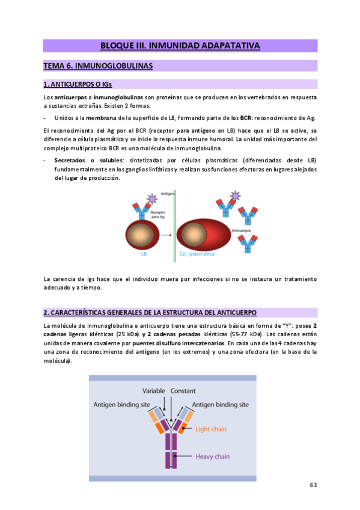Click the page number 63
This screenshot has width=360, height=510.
click(x=313, y=485)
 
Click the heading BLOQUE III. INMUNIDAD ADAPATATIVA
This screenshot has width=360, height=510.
click(x=180, y=46)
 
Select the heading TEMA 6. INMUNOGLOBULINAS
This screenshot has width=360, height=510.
click(x=98, y=66)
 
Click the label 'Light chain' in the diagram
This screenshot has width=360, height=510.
click(x=211, y=429)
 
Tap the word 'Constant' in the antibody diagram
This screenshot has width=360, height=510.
click(x=183, y=390)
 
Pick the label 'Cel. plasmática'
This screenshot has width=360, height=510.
click(x=198, y=254)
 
